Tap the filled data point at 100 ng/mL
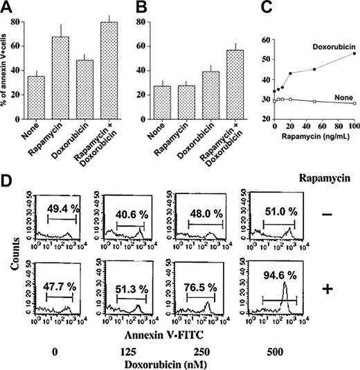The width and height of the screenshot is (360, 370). tap(354, 53)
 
